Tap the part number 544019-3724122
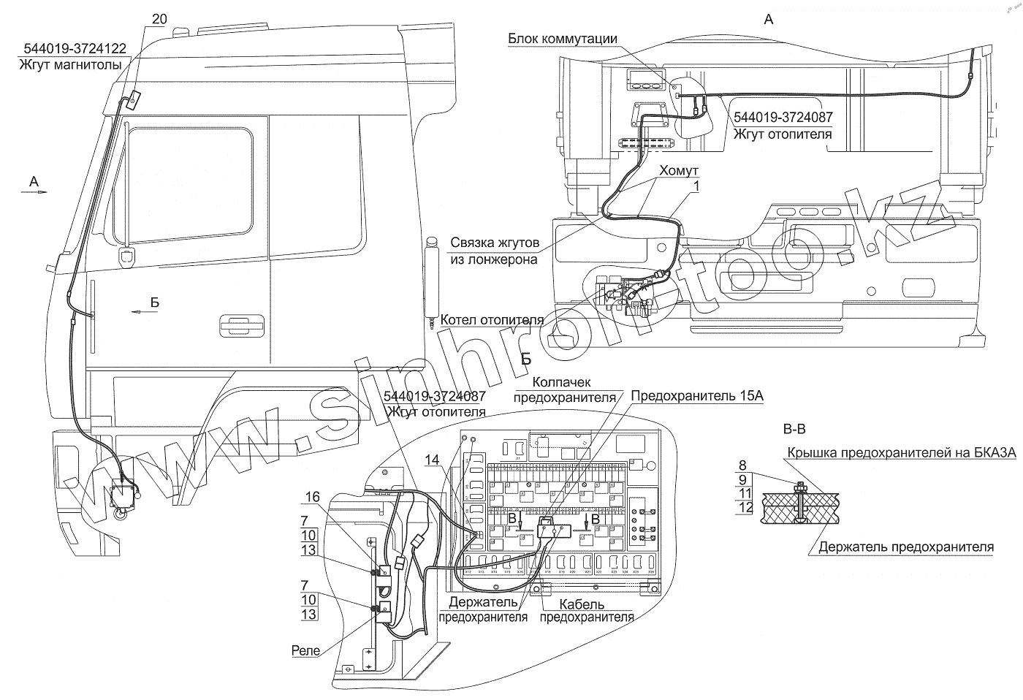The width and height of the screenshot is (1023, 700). [75, 49]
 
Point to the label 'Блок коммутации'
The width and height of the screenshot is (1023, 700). [563, 39]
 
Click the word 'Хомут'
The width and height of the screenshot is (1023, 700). [679, 170]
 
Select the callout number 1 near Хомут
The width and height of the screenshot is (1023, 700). [696, 187]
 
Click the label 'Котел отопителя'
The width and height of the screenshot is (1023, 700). [492, 320]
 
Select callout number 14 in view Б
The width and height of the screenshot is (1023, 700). [432, 460]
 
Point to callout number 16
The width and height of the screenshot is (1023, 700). [312, 497]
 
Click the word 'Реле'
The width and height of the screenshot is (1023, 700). [305, 650]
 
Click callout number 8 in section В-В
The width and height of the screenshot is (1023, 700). [742, 464]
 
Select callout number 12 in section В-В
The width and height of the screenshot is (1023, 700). [745, 507]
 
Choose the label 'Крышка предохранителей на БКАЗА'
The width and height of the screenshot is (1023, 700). [901, 453]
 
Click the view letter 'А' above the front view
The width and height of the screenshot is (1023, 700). [768, 20]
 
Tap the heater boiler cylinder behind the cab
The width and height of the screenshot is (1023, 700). [431, 281]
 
